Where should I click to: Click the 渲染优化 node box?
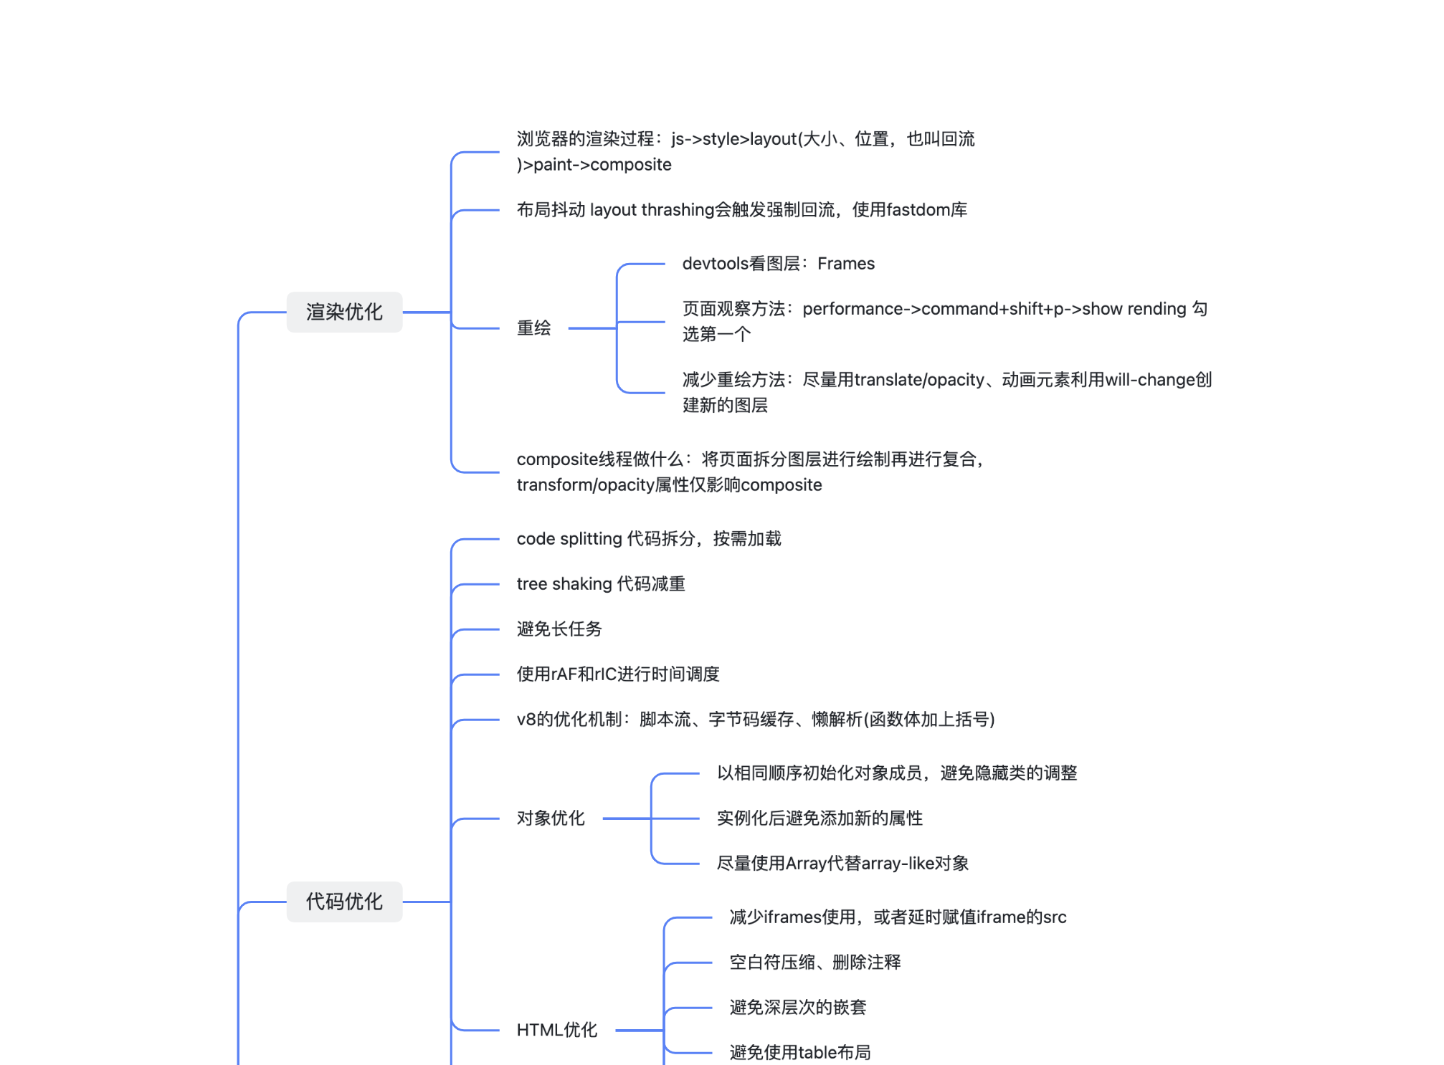pyautogui.click(x=344, y=312)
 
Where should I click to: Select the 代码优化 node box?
pyautogui.click(x=344, y=902)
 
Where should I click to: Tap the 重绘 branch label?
pyautogui.click(x=533, y=328)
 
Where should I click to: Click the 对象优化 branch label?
pyautogui.click(x=551, y=818)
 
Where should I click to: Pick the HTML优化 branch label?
pyautogui.click(x=556, y=1031)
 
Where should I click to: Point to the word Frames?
pyautogui.click(x=846, y=264)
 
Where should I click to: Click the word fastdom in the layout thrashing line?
pyautogui.click(x=918, y=210)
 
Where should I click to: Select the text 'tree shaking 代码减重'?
pyautogui.click(x=601, y=584)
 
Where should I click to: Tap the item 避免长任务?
pyautogui.click(x=559, y=629)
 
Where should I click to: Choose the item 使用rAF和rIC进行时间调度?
pyautogui.click(x=618, y=674)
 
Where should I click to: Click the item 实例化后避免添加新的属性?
pyautogui.click(x=820, y=818)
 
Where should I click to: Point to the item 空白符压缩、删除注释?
pyautogui.click(x=815, y=963)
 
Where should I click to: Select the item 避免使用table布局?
pyautogui.click(x=800, y=1053)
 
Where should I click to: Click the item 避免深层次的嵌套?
pyautogui.click(x=798, y=1008)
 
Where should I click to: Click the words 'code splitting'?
pyautogui.click(x=569, y=539)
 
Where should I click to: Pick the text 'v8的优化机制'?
pyautogui.click(x=569, y=720)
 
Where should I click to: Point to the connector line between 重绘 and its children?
pyautogui.click(x=592, y=328)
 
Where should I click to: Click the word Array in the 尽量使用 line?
pyautogui.click(x=806, y=864)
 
